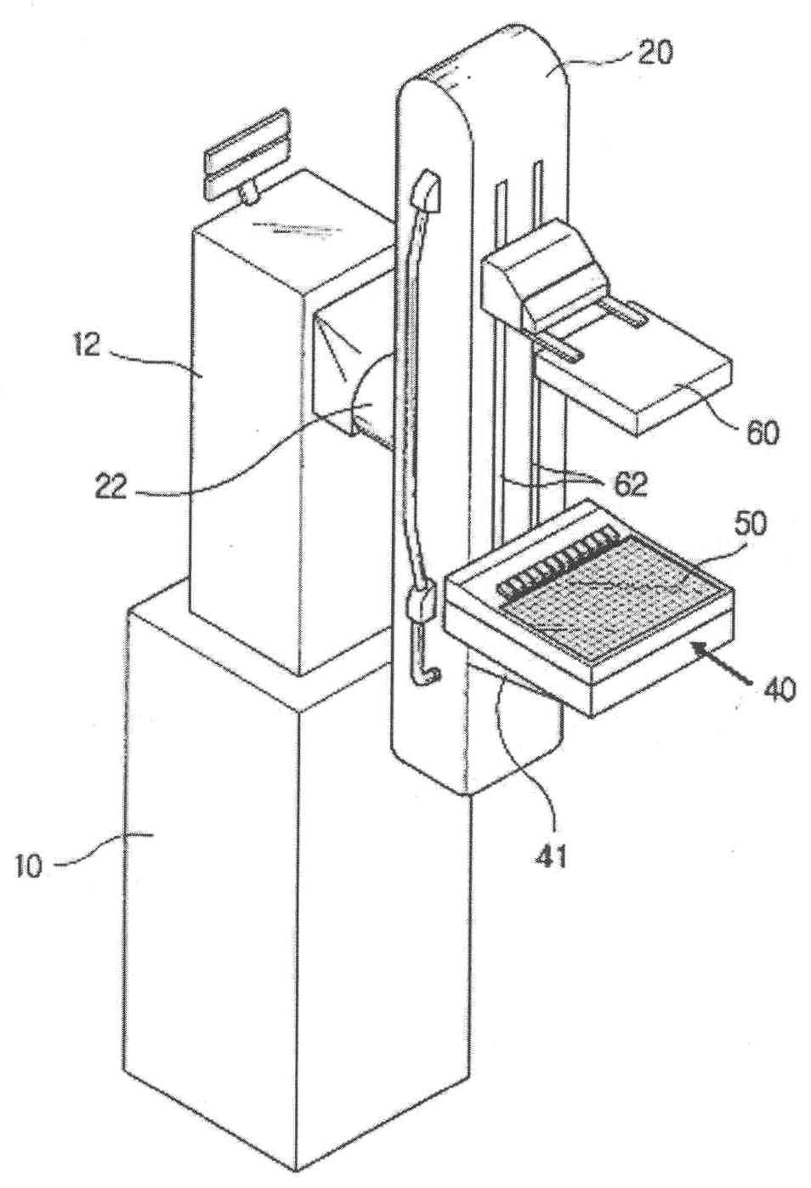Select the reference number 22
point(111,486)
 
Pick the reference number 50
point(747,522)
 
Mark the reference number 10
point(29,870)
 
